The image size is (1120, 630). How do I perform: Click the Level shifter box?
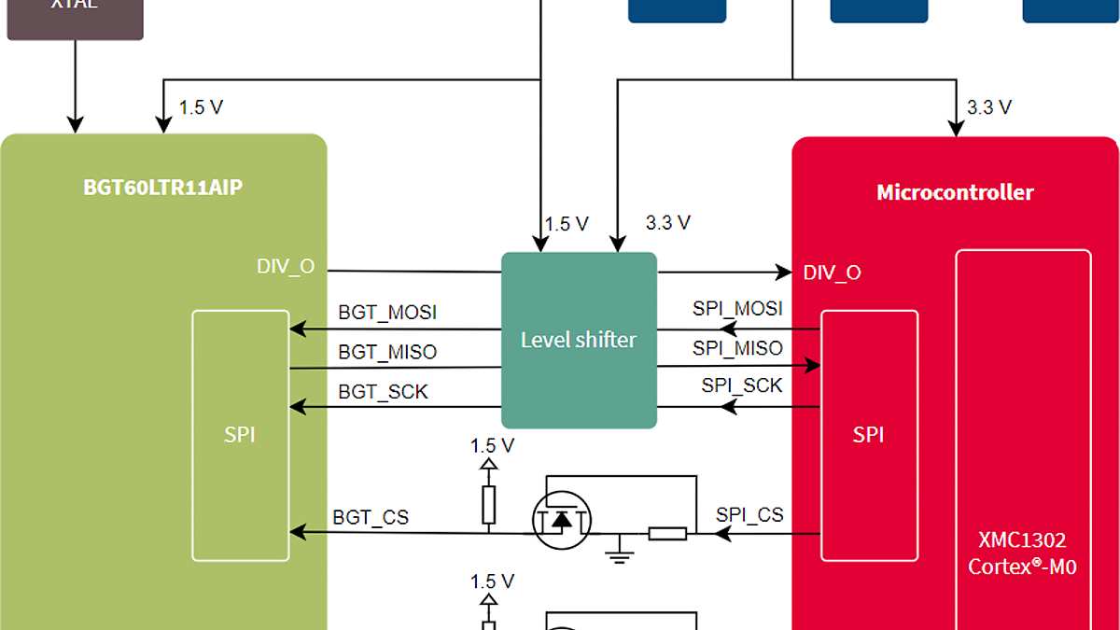click(x=579, y=340)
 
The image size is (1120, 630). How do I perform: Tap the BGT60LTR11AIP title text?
click(x=162, y=188)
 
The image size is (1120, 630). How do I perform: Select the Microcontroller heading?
click(x=955, y=193)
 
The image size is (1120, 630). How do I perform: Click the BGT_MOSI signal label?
click(x=387, y=313)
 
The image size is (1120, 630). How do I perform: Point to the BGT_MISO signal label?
click(x=387, y=352)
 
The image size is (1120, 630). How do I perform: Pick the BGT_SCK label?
click(x=383, y=392)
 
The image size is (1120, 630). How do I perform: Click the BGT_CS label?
click(x=371, y=516)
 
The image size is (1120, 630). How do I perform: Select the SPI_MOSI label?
click(x=737, y=309)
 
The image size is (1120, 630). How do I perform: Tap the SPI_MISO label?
click(x=737, y=348)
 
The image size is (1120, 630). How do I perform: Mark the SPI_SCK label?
click(x=742, y=385)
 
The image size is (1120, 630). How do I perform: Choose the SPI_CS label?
click(x=749, y=514)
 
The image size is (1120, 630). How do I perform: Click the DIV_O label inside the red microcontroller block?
click(x=832, y=273)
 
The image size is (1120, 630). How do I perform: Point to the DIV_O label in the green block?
click(x=286, y=267)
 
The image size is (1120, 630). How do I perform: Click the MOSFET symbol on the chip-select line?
click(x=562, y=518)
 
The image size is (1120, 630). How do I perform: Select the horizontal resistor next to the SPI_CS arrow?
click(x=667, y=534)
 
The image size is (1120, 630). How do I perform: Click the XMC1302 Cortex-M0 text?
click(x=1022, y=553)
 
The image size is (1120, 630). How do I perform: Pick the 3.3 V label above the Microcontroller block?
click(x=988, y=107)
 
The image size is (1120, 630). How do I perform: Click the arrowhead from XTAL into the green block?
click(x=75, y=124)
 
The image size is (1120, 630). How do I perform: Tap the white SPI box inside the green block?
click(x=240, y=435)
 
